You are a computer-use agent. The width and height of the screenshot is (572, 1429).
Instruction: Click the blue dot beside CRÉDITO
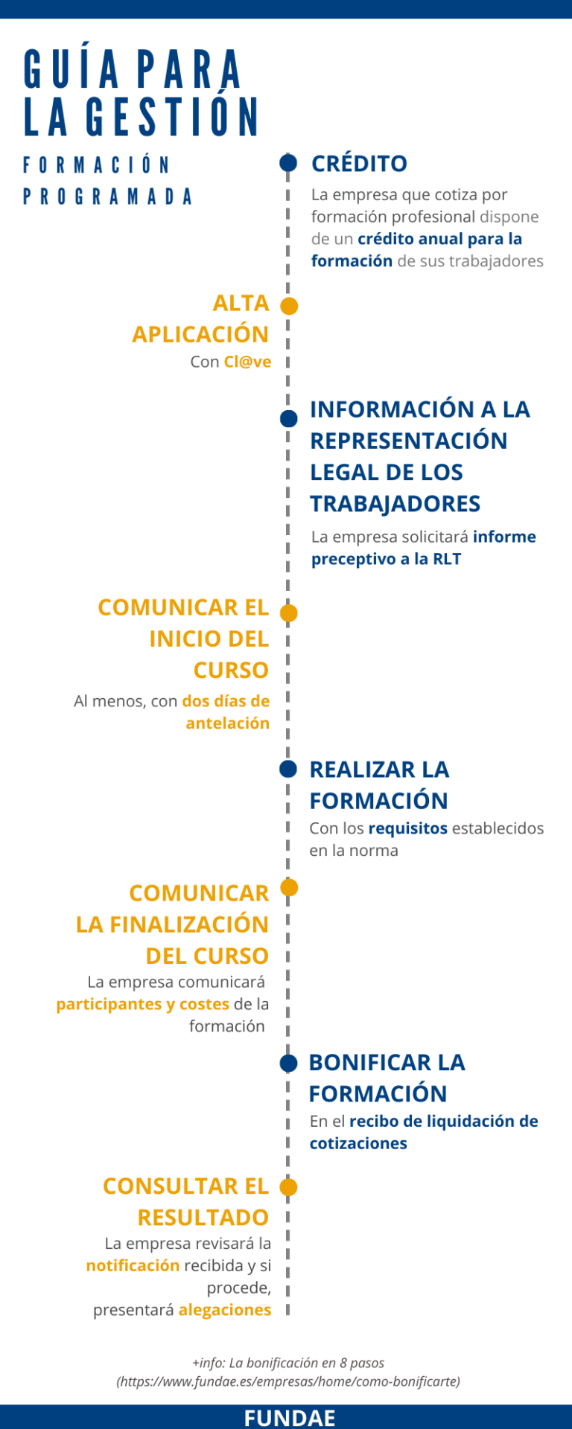288,162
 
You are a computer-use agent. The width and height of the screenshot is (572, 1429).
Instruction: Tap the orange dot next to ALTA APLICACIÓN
289,306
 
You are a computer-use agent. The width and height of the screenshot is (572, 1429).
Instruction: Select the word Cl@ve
247,362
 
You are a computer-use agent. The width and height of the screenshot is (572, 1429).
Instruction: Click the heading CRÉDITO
359,163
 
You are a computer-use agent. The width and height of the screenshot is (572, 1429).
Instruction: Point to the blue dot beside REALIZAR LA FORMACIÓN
288,769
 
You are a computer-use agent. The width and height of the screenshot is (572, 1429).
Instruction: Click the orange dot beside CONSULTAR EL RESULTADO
288,1187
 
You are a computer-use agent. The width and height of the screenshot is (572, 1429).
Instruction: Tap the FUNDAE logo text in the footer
290,1418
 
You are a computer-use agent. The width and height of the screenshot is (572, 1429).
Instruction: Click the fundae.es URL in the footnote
288,1381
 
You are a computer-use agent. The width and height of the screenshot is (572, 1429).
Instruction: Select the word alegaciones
225,1310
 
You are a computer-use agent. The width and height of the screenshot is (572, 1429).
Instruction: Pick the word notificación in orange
133,1265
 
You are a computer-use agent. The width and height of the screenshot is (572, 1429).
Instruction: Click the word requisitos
408,828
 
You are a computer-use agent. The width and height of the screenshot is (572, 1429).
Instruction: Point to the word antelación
228,723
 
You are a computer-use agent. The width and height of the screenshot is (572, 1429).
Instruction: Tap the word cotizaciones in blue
358,1143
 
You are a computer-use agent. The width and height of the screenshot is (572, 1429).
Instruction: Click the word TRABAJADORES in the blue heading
395,504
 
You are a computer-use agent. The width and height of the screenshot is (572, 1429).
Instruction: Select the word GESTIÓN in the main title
173,117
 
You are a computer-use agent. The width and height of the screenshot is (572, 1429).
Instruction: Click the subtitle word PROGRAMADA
108,196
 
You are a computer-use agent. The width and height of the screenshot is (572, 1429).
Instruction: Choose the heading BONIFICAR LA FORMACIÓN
387,1078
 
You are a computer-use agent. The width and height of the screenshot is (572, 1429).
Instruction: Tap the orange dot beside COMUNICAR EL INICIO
288,613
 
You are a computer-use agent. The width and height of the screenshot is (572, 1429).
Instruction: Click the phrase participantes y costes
143,1004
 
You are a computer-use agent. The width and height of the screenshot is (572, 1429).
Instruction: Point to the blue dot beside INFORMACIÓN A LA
288,419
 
